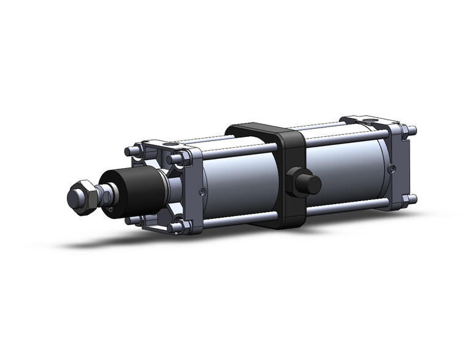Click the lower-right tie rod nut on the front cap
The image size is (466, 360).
click(178, 228)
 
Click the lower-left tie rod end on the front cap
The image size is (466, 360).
click(129, 219)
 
